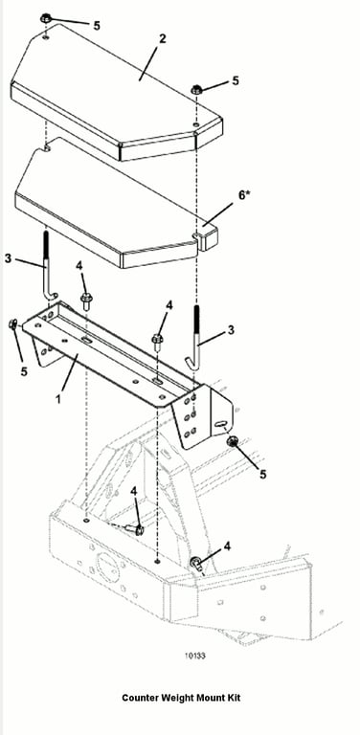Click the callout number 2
click(162, 38)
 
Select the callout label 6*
click(245, 195)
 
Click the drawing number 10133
click(194, 656)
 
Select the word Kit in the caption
click(234, 698)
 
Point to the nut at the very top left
click(45, 19)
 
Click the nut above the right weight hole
click(197, 89)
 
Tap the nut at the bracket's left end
click(13, 323)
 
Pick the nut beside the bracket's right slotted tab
click(232, 441)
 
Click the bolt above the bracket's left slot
click(86, 300)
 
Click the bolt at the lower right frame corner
click(196, 564)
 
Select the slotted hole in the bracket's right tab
click(220, 425)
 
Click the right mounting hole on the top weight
click(195, 124)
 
